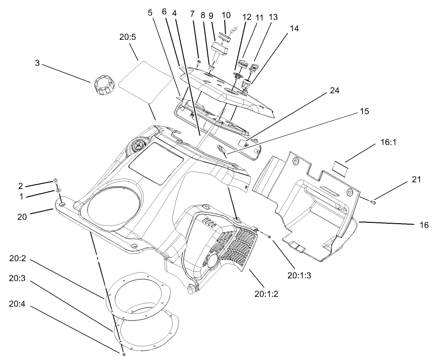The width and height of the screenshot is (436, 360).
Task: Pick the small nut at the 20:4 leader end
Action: (x=124, y=354)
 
